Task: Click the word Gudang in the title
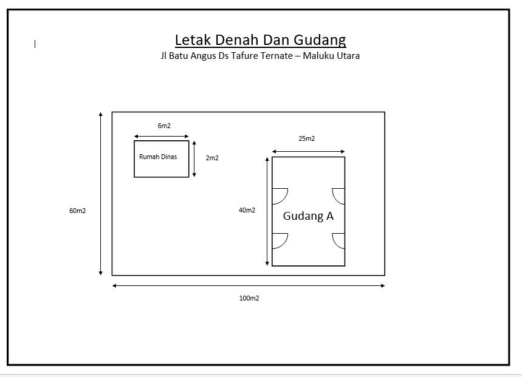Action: [x=320, y=41]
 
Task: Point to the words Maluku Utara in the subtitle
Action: [x=331, y=55]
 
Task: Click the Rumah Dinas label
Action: [x=158, y=157]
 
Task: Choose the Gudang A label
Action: [x=308, y=216]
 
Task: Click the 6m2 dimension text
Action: [x=164, y=126]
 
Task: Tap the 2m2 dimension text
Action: [x=212, y=158]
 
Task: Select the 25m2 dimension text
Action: [x=307, y=138]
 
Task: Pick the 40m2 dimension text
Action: [x=247, y=210]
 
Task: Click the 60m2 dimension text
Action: [x=78, y=211]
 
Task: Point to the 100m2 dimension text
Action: [x=249, y=298]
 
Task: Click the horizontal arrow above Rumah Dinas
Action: [x=162, y=137]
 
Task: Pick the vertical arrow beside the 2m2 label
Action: [x=194, y=159]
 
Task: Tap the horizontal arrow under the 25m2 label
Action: [x=308, y=152]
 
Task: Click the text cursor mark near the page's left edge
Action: [x=35, y=44]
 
